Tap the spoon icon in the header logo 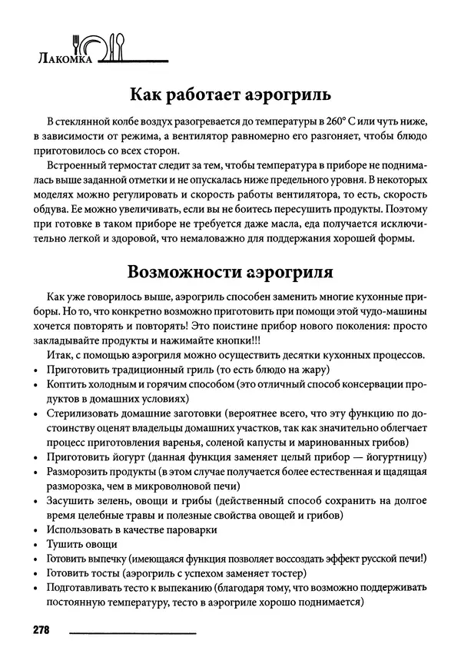[118, 43]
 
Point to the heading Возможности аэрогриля [230, 273]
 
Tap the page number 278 [41, 630]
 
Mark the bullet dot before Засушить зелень [38, 501]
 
